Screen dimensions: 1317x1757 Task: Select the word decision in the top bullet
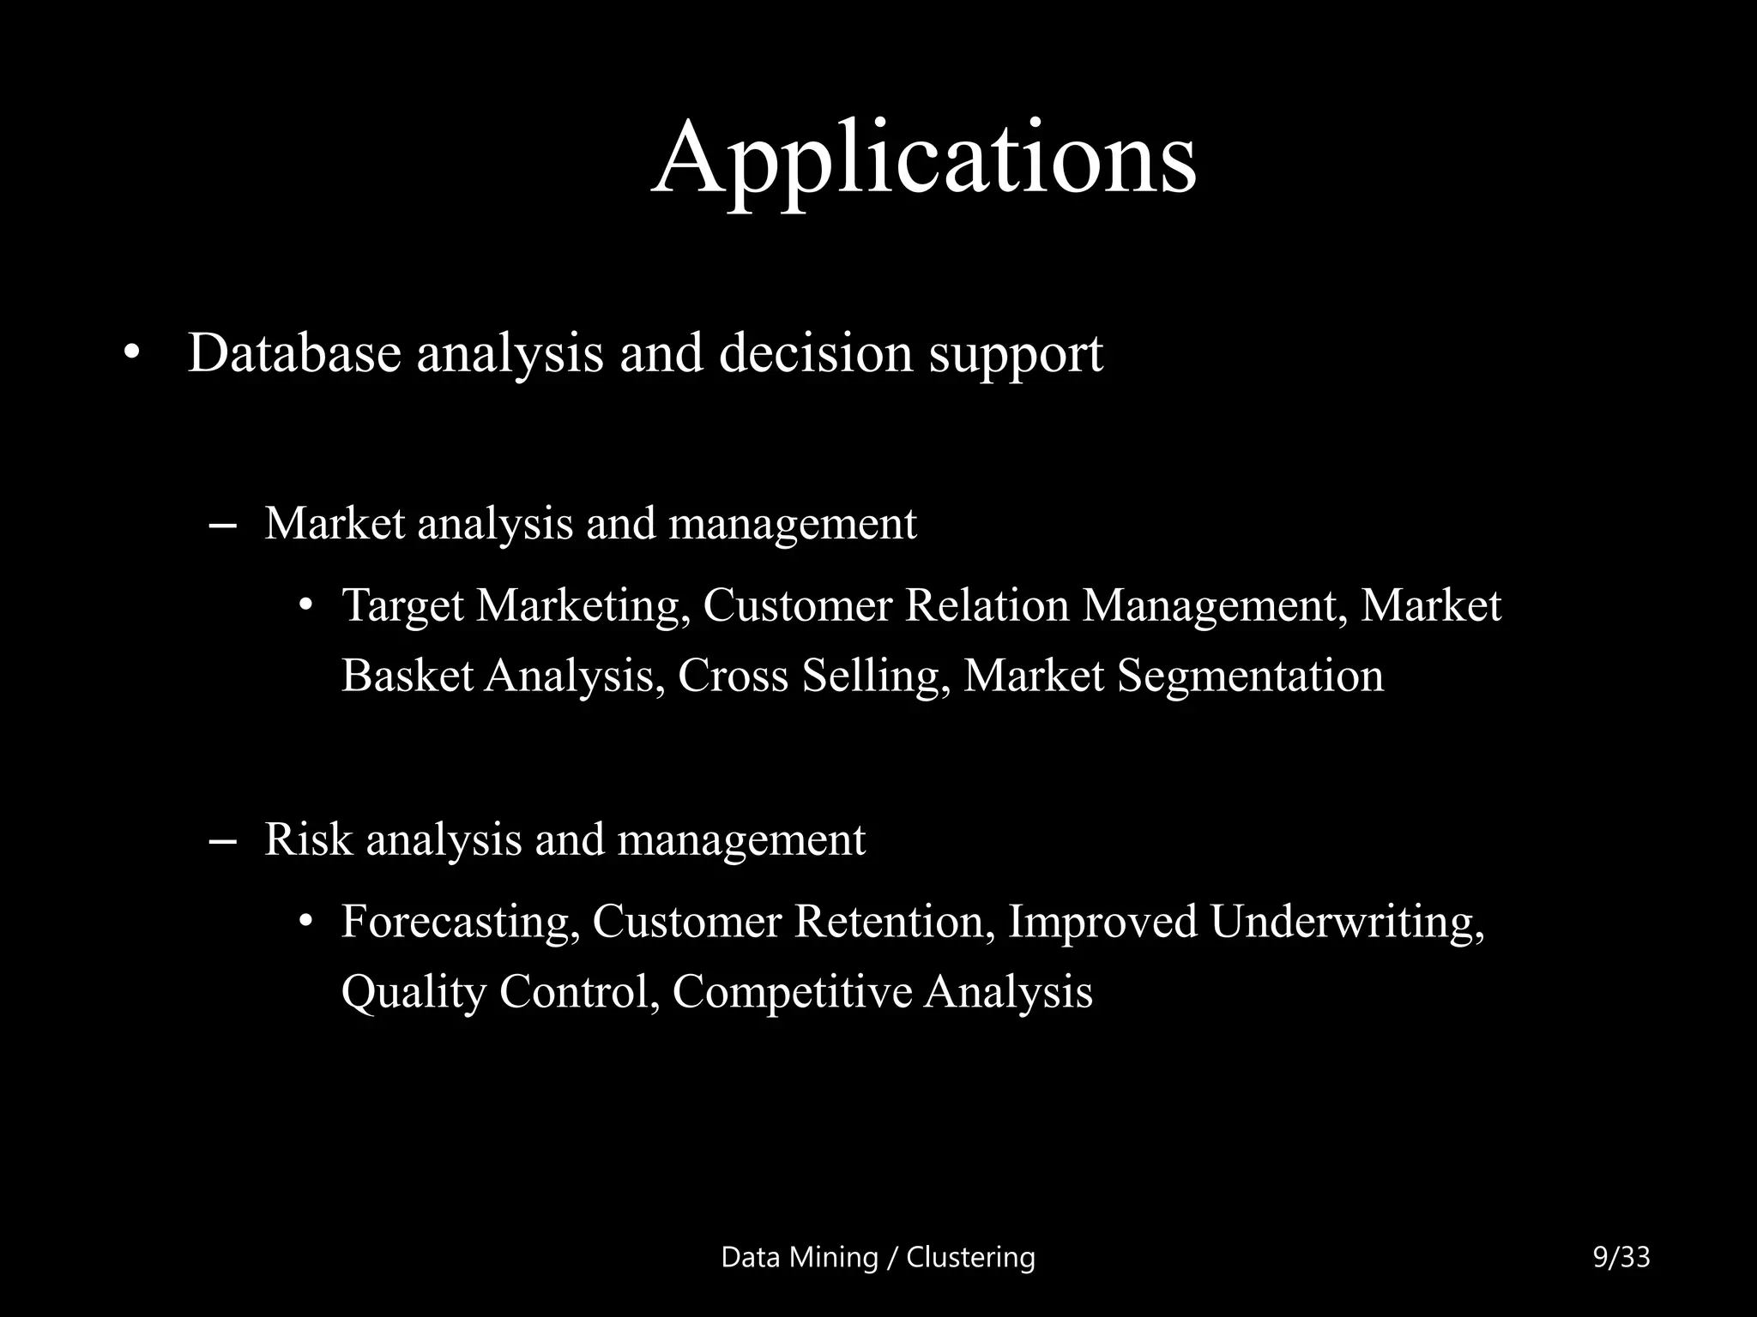(x=815, y=352)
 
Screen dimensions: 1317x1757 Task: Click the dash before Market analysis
(x=223, y=525)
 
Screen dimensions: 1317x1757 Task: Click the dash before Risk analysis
(x=223, y=840)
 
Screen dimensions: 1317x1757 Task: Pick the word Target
(x=402, y=607)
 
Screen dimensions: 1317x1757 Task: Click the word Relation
(x=987, y=605)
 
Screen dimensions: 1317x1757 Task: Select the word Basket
(x=408, y=676)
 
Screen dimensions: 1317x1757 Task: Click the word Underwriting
(x=1347, y=923)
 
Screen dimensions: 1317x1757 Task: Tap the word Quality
(x=414, y=993)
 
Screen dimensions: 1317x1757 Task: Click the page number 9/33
(x=1621, y=1257)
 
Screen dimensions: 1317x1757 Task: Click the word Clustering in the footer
(x=970, y=1257)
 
